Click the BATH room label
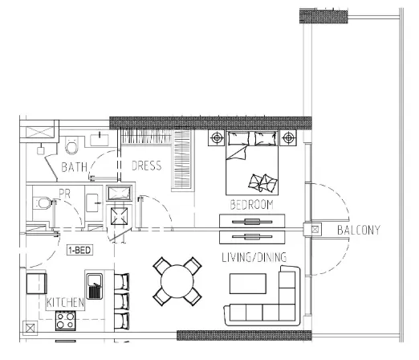coord(75,167)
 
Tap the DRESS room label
coord(146,166)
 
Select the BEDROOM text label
coord(251,205)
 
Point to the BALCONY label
coord(359,231)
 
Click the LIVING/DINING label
coord(254,257)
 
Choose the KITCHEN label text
coord(66,303)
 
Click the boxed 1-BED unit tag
coord(79,250)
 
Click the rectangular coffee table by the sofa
coord(248,284)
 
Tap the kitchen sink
coord(96,286)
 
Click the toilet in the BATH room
coord(71,146)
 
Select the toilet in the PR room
coord(40,207)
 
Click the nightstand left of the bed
coord(217,138)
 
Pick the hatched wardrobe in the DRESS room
coord(183,160)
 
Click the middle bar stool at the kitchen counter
coord(121,301)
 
